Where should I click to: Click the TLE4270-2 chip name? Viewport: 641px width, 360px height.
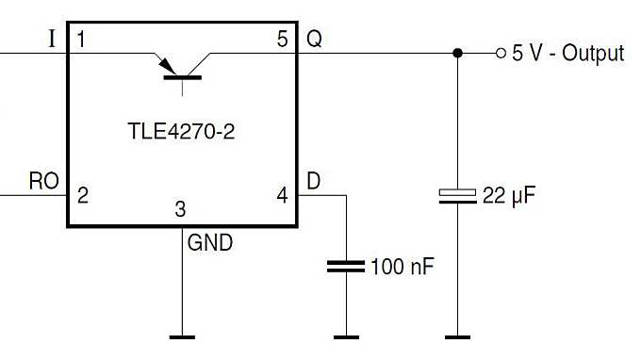click(181, 133)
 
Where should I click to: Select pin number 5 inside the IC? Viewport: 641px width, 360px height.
click(283, 40)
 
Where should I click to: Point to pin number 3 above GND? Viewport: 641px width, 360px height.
click(181, 209)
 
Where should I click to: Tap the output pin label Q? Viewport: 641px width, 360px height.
click(314, 40)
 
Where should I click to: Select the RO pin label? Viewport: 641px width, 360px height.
click(44, 181)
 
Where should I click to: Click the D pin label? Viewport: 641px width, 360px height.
click(313, 181)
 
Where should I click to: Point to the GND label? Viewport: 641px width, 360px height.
click(210, 242)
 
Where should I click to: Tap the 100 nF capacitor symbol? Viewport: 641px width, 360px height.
click(345, 267)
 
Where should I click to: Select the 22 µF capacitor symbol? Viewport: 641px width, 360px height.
click(457, 196)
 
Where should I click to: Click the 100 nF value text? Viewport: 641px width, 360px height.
click(403, 267)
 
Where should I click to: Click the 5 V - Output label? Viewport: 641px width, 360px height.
click(567, 54)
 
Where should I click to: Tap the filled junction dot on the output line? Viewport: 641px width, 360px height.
click(457, 54)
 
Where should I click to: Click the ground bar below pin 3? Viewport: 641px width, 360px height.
click(181, 335)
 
